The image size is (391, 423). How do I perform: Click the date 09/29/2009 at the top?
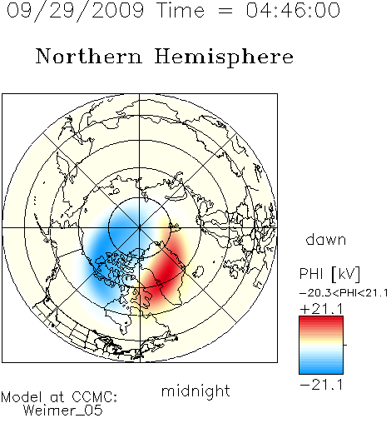(x=75, y=11)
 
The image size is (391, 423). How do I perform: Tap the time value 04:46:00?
(x=293, y=10)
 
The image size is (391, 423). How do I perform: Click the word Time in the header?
(x=181, y=10)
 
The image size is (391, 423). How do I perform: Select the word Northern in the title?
(x=89, y=56)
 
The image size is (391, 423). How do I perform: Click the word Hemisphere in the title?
(x=224, y=57)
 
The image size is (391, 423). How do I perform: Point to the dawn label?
(x=326, y=240)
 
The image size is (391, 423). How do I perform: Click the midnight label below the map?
(x=195, y=391)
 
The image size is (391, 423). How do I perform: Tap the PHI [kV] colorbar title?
(x=329, y=274)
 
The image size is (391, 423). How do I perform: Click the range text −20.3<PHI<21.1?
(x=344, y=293)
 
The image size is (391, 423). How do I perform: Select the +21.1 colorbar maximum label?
(x=322, y=309)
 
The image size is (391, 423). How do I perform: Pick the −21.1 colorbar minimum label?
(x=322, y=385)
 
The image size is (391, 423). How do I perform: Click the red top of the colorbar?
(x=321, y=320)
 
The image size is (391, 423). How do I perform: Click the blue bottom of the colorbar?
(x=321, y=371)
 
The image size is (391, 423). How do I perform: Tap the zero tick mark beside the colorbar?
(x=345, y=345)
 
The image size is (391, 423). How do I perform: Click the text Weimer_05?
(x=63, y=411)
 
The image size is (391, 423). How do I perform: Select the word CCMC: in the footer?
(x=95, y=397)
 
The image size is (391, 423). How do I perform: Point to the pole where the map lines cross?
(x=140, y=227)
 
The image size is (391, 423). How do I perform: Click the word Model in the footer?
(x=22, y=397)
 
